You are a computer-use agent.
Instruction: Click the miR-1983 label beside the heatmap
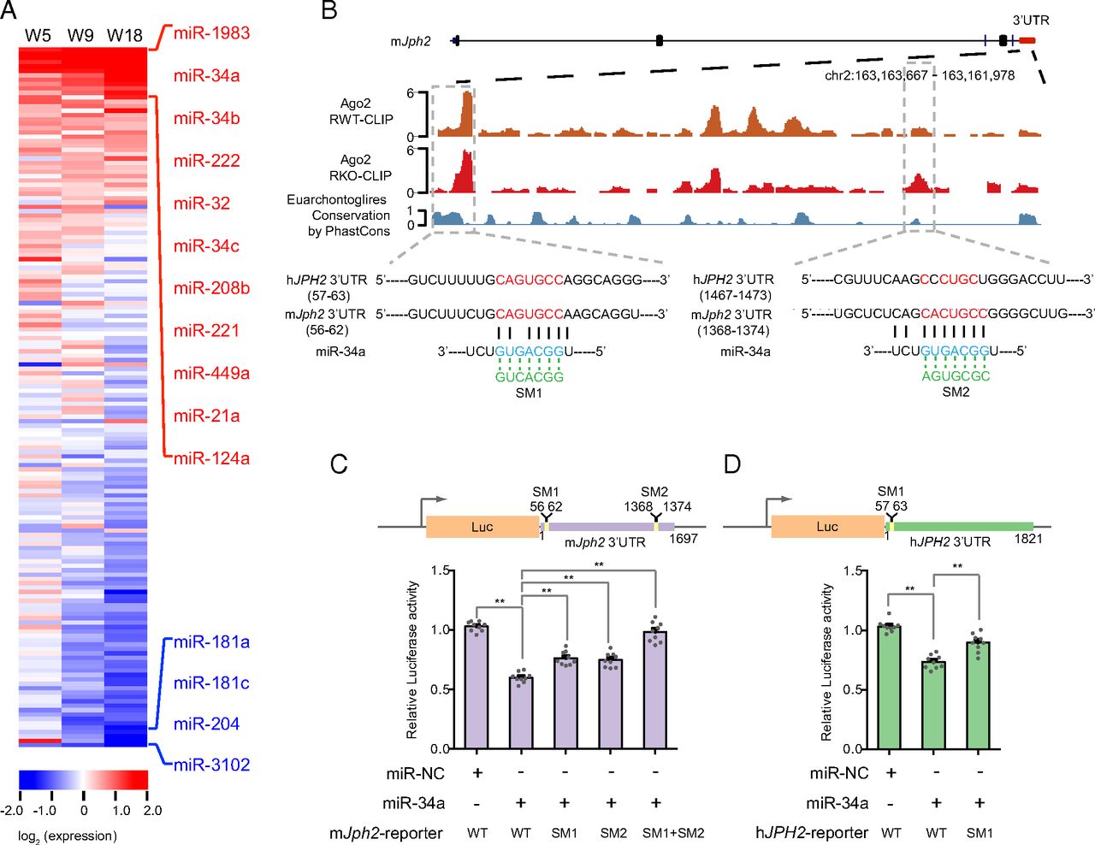(x=211, y=33)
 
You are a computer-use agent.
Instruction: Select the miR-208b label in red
(x=211, y=288)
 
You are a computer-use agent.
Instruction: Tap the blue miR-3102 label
(x=211, y=765)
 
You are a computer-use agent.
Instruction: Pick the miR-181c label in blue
(x=211, y=683)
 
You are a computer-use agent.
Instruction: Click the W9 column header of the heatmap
(x=80, y=36)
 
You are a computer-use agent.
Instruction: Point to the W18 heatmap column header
(x=125, y=36)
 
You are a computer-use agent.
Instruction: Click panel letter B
(x=328, y=11)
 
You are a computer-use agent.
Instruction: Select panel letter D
(x=732, y=464)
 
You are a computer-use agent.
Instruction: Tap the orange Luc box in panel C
(x=482, y=527)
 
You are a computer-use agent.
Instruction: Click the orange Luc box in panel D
(x=826, y=527)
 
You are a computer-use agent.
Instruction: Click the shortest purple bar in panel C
(x=521, y=712)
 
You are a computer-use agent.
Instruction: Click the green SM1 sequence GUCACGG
(x=530, y=377)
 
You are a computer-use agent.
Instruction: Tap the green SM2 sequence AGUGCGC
(x=956, y=376)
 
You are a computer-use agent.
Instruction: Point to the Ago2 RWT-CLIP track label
(x=361, y=112)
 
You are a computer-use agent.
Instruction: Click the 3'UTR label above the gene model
(x=1030, y=21)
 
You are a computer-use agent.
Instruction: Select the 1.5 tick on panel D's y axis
(x=853, y=571)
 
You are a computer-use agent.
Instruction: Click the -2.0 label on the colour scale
(x=12, y=811)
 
